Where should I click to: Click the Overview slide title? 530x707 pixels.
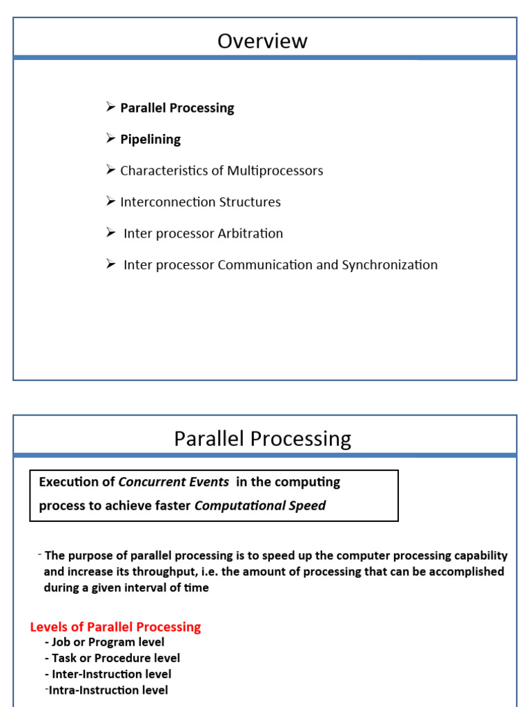coord(262,41)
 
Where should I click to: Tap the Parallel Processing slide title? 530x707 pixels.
coord(262,439)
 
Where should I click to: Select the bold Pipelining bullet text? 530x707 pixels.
coord(150,139)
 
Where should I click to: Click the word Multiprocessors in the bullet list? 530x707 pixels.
coord(275,171)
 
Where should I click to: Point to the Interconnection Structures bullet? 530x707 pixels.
coord(200,202)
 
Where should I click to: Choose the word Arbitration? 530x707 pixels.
coord(250,233)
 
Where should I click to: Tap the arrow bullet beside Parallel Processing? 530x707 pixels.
coord(110,107)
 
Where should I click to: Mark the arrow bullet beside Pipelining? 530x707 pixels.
coord(110,139)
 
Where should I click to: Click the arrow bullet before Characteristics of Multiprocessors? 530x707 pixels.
coord(110,170)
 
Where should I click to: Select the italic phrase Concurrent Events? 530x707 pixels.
coord(174,482)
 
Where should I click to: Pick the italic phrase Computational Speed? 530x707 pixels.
coord(260,506)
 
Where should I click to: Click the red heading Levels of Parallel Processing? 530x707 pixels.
coord(115,627)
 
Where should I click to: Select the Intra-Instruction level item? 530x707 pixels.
coord(108,690)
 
